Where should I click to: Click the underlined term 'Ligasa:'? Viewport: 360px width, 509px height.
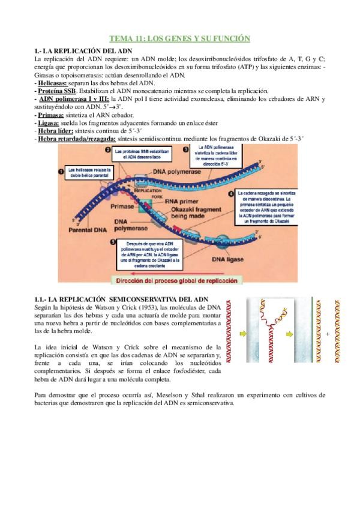click(x=50, y=122)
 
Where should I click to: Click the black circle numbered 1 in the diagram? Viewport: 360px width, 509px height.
click(x=61, y=172)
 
